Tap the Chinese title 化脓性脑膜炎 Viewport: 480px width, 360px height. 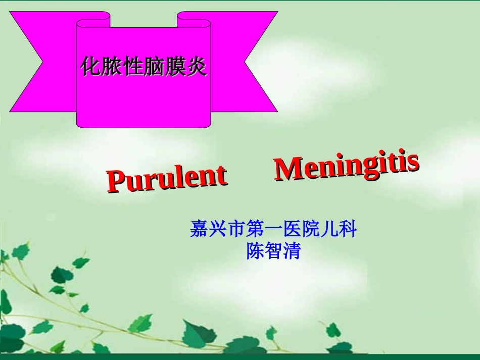(143, 67)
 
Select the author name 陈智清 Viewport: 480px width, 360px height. (273, 251)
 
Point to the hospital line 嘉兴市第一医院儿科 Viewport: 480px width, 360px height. (273, 230)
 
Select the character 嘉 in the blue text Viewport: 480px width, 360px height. (199, 230)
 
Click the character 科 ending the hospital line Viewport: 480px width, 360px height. (349, 230)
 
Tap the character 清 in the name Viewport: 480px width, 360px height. (292, 251)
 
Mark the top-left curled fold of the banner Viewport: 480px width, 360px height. (93, 19)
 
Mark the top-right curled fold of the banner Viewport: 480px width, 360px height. (193, 19)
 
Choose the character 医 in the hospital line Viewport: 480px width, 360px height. (293, 230)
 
